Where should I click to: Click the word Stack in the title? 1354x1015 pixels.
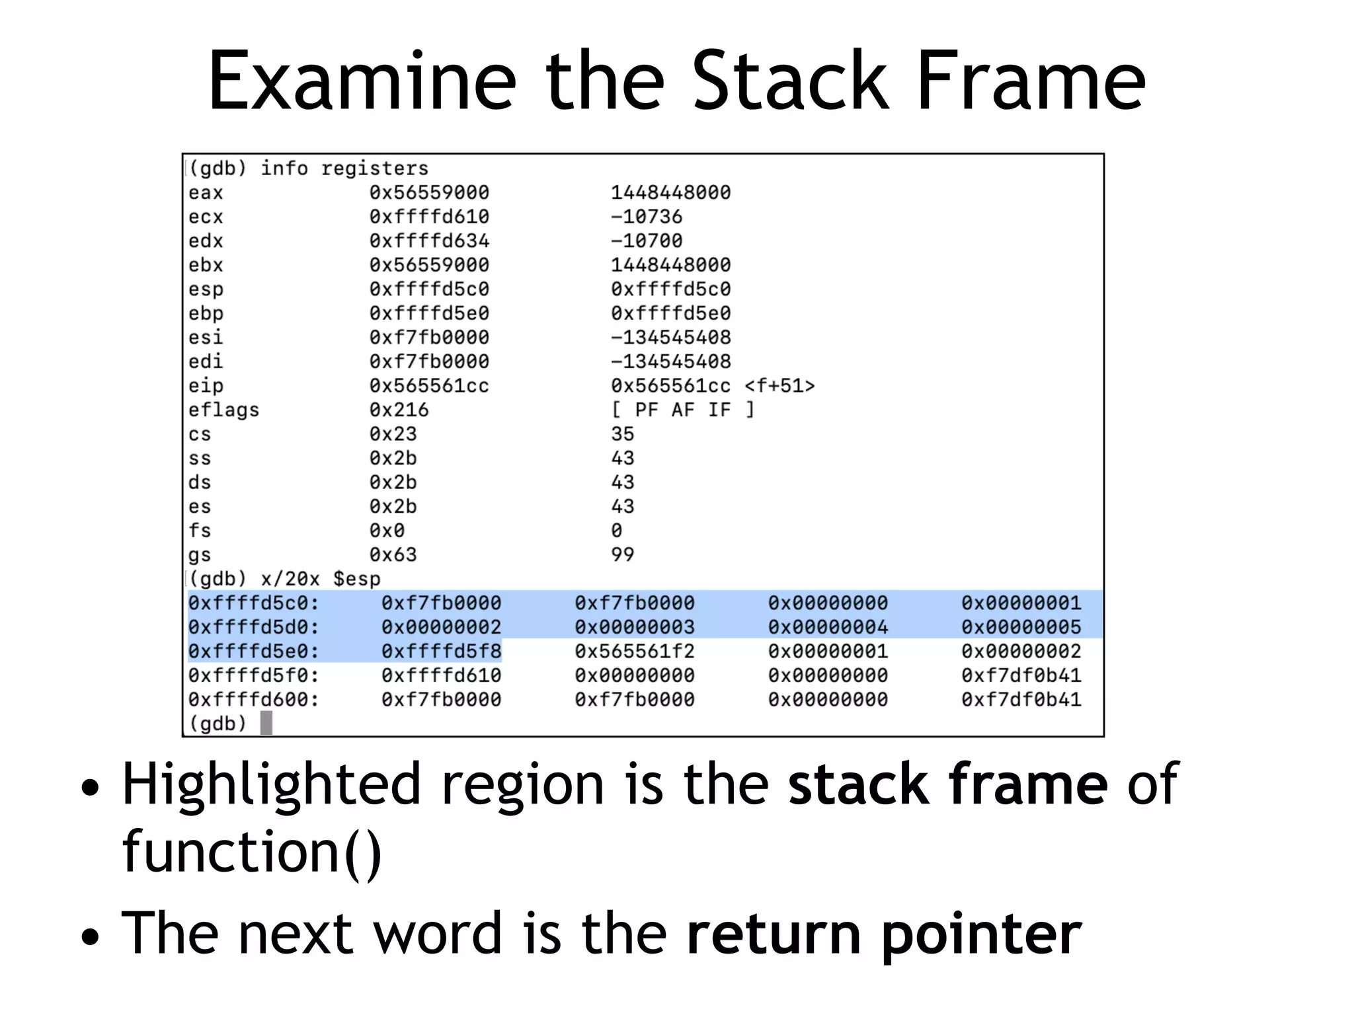(x=791, y=81)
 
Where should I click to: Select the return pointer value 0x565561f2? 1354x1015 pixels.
(x=635, y=652)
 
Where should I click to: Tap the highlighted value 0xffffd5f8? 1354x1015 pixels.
(x=441, y=652)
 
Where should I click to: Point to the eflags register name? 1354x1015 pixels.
(x=223, y=410)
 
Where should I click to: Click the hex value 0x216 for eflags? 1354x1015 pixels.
(x=399, y=410)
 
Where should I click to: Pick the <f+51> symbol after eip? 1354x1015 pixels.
(x=779, y=386)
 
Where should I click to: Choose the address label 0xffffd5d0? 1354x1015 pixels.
(x=253, y=627)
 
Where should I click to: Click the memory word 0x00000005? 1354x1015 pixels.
(x=1021, y=627)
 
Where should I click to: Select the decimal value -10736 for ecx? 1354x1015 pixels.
(x=646, y=217)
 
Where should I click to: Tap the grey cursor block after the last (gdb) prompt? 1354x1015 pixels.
(x=266, y=723)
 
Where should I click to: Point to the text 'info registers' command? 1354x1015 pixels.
(x=344, y=169)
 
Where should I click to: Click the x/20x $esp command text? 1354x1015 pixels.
(x=321, y=579)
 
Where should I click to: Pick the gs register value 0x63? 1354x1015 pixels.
(x=393, y=555)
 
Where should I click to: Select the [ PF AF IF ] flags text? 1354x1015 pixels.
(x=682, y=410)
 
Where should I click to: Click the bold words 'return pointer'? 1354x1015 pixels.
(x=883, y=934)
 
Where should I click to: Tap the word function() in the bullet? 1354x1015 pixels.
(x=252, y=852)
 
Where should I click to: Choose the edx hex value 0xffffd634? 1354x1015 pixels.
(x=429, y=241)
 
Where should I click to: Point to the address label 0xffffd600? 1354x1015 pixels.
(x=253, y=700)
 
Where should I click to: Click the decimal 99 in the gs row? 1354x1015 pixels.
(x=622, y=555)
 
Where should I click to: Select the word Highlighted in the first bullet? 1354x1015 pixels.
(x=271, y=784)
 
